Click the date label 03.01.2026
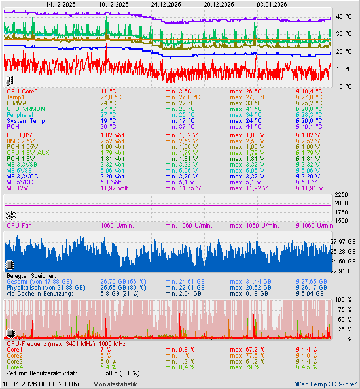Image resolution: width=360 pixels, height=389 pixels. (x=272, y=4)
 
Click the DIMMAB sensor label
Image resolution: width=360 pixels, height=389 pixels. (x=18, y=103)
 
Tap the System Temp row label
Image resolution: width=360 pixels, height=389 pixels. (x=26, y=121)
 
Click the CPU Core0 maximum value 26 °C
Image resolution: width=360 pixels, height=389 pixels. (x=245, y=92)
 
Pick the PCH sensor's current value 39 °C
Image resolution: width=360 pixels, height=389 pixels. (x=108, y=127)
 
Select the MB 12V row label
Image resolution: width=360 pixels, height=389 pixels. (x=19, y=188)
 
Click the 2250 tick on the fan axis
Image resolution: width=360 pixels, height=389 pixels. (x=341, y=195)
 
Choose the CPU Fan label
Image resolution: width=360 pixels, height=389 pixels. (x=20, y=226)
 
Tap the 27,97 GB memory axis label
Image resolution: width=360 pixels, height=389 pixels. (x=343, y=242)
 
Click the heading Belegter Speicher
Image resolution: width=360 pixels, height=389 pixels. (x=32, y=276)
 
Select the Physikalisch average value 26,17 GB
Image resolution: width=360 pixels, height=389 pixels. (x=314, y=288)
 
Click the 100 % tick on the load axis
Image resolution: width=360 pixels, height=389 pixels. (x=342, y=300)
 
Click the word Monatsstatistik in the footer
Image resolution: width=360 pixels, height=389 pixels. (x=115, y=384)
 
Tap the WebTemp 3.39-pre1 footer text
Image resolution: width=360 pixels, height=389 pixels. (x=325, y=384)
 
